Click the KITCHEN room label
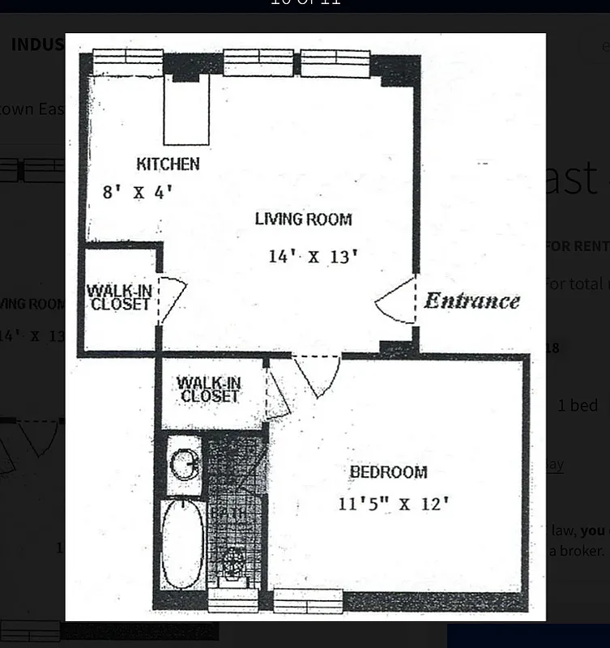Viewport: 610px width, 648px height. (168, 164)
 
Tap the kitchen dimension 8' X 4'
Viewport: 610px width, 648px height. (138, 193)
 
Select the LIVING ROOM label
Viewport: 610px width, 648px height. (303, 219)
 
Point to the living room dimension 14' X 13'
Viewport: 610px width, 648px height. (313, 257)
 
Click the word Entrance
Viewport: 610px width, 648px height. (472, 301)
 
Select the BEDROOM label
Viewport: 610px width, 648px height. (388, 472)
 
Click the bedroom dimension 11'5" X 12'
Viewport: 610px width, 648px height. (393, 504)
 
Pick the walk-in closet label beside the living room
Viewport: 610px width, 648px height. (120, 297)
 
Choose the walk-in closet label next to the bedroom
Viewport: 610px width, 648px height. (209, 389)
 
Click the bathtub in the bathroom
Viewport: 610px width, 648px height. (182, 544)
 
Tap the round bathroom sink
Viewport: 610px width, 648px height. (186, 465)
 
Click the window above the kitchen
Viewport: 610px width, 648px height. (128, 62)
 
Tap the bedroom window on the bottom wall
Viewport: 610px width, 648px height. (308, 600)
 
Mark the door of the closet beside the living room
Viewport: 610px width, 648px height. (171, 297)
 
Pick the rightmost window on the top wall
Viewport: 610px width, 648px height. (335, 62)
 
